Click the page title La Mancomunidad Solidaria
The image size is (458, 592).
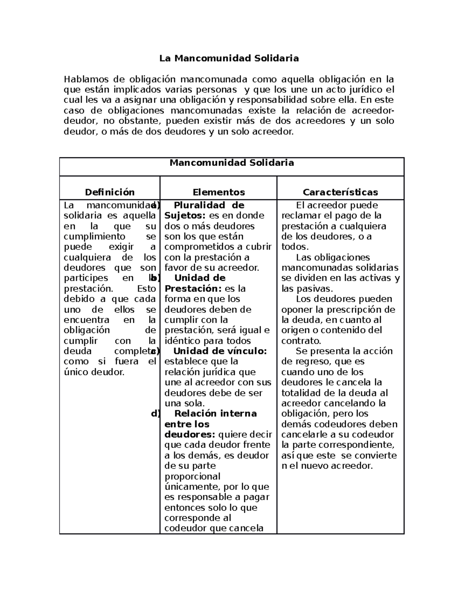tap(229, 58)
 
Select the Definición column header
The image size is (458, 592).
tap(110, 192)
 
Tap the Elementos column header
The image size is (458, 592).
tap(219, 192)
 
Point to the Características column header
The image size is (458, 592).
tap(340, 192)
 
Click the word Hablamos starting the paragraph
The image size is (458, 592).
tap(86, 80)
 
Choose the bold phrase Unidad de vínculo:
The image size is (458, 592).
tap(220, 351)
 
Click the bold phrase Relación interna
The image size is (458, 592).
tap(215, 414)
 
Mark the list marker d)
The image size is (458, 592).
tap(155, 414)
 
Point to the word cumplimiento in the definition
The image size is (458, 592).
tap(94, 236)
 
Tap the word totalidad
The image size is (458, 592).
tap(300, 393)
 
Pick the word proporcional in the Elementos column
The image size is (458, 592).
tap(192, 476)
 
